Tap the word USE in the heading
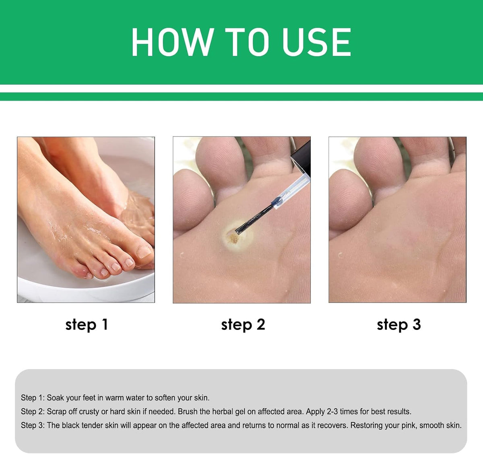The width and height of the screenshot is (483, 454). pyautogui.click(x=317, y=42)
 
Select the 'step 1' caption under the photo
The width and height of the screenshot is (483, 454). pyautogui.click(x=87, y=325)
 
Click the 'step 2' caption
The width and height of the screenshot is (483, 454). pyautogui.click(x=243, y=325)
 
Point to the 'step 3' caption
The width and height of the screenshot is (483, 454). pyautogui.click(x=398, y=325)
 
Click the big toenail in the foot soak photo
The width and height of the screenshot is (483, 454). pyautogui.click(x=144, y=252)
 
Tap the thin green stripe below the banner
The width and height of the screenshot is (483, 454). pyautogui.click(x=242, y=96)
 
